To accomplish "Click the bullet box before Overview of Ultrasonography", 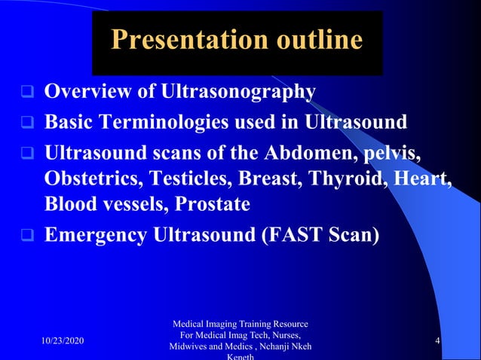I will pyautogui.click(x=26, y=93).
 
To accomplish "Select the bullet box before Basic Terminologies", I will pyautogui.click(x=26, y=122).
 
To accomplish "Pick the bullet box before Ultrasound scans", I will pyautogui.click(x=26, y=154).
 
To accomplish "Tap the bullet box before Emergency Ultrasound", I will pyautogui.click(x=26, y=235).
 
